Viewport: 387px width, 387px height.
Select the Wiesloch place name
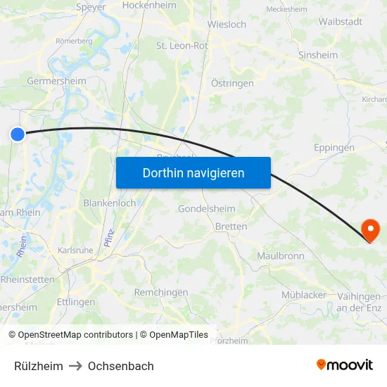227,25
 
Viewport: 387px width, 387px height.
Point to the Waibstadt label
340,22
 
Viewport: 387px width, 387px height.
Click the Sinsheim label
317,55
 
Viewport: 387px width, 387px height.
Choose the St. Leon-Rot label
182,46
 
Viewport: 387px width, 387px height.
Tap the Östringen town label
232,83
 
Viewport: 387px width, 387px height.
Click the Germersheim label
56,81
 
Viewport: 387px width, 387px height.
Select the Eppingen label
334,148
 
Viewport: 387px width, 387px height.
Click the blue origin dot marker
18,134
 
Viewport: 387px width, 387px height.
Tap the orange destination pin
369,229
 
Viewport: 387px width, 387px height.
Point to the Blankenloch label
110,203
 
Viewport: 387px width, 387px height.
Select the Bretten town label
231,227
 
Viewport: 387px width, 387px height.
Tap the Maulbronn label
281,255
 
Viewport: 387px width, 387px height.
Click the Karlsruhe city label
75,250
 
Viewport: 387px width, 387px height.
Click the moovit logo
345,364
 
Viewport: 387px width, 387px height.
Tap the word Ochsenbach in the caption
121,366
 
